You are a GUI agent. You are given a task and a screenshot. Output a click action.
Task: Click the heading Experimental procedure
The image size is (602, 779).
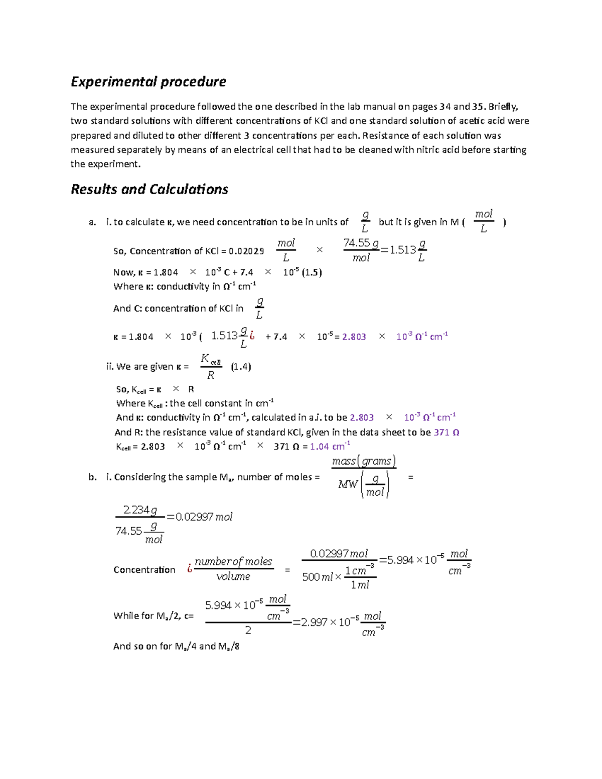pyautogui.click(x=148, y=82)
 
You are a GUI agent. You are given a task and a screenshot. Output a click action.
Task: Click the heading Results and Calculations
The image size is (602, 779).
pyautogui.click(x=149, y=189)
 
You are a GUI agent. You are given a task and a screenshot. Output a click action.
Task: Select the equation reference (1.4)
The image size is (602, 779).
pyautogui.click(x=241, y=367)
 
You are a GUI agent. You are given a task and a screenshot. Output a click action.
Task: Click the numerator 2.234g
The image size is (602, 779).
pyautogui.click(x=140, y=510)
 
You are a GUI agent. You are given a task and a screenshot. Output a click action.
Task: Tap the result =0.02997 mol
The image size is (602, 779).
pyautogui.click(x=199, y=517)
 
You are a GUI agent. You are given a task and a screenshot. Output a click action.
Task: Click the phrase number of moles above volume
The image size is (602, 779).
pyautogui.click(x=233, y=562)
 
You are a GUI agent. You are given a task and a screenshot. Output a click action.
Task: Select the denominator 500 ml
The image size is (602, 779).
pyautogui.click(x=317, y=577)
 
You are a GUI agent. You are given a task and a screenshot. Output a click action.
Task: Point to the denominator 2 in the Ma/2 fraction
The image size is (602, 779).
pyautogui.click(x=248, y=631)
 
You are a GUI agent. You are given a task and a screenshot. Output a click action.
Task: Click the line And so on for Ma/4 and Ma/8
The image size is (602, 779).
pyautogui.click(x=176, y=646)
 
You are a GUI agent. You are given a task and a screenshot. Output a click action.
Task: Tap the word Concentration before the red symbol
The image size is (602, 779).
pyautogui.click(x=144, y=570)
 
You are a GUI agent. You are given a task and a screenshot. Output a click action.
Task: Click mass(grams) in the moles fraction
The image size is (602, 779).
pyautogui.click(x=364, y=460)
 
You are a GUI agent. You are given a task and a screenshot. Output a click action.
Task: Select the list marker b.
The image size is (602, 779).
pyautogui.click(x=92, y=477)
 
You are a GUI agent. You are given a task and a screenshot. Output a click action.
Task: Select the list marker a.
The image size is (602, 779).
pyautogui.click(x=92, y=222)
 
